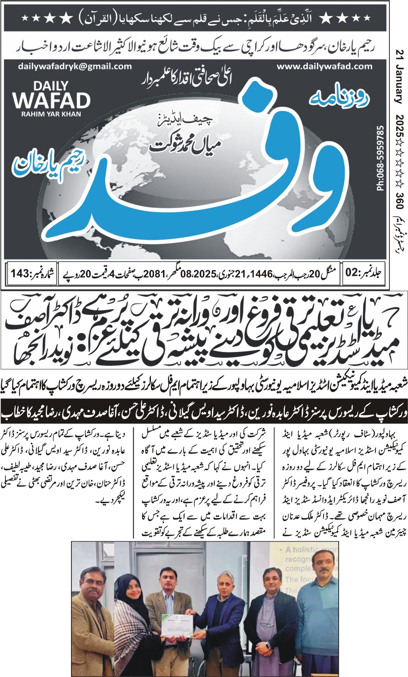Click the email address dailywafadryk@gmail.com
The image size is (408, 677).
point(75,66)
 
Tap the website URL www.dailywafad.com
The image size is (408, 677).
point(325,66)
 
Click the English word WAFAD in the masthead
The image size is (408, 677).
point(51,101)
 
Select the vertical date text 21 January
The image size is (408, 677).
point(399,77)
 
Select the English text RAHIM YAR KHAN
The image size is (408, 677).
point(51,114)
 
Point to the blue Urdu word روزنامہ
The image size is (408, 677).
point(339,99)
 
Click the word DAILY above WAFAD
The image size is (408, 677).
point(51,86)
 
